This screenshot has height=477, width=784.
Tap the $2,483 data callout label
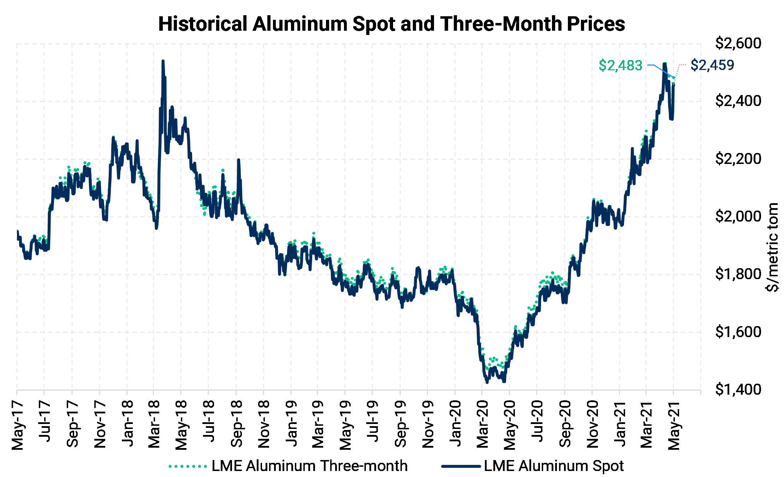coord(620,65)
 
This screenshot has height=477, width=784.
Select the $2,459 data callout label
coord(712,65)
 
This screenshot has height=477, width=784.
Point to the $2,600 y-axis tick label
coord(738,43)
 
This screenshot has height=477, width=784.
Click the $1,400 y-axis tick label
coord(738,390)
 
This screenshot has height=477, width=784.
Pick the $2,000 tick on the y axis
coord(738,217)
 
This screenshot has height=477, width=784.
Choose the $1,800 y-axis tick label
coord(738,274)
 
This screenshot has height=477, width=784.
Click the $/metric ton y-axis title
coord(773,247)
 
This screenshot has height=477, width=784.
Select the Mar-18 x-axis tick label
coord(154,424)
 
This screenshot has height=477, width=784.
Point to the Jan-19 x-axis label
coord(291,423)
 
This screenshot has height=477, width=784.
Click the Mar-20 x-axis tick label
coord(482,424)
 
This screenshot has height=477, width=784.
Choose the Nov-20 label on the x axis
coord(592,424)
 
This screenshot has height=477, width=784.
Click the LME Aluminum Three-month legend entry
coord(288,466)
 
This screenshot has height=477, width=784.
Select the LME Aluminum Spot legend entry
coord(533,466)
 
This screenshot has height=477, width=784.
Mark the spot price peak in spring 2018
coord(163,61)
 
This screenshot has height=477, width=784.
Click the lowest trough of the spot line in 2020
coord(487,382)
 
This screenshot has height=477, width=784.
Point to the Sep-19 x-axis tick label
coord(400,424)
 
